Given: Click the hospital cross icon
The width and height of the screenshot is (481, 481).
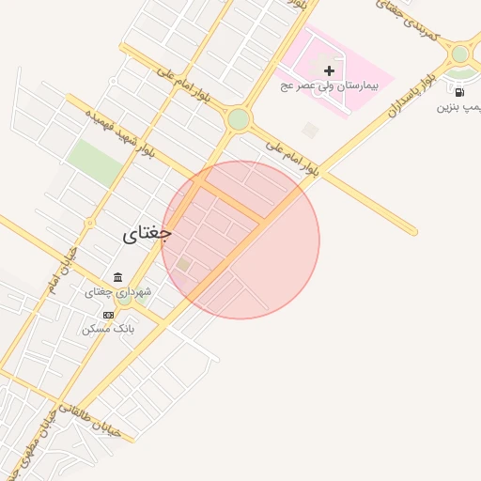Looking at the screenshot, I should (x=329, y=70).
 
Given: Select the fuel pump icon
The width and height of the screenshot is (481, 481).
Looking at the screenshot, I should (x=459, y=92).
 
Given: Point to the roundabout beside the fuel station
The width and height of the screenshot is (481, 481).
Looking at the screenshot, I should (x=459, y=54).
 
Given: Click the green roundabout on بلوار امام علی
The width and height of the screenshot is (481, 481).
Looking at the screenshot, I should (x=239, y=119).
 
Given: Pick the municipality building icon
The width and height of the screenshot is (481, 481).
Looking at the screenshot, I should (x=117, y=277).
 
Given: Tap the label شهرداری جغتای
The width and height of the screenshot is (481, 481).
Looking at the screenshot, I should (x=118, y=292).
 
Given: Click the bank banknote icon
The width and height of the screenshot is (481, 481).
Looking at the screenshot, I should (x=109, y=314).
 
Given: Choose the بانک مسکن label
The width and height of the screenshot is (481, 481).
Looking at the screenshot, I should (x=109, y=329).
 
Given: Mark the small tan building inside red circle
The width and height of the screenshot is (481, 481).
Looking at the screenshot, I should (x=184, y=265).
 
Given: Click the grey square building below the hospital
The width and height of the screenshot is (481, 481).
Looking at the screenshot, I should (x=310, y=130).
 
